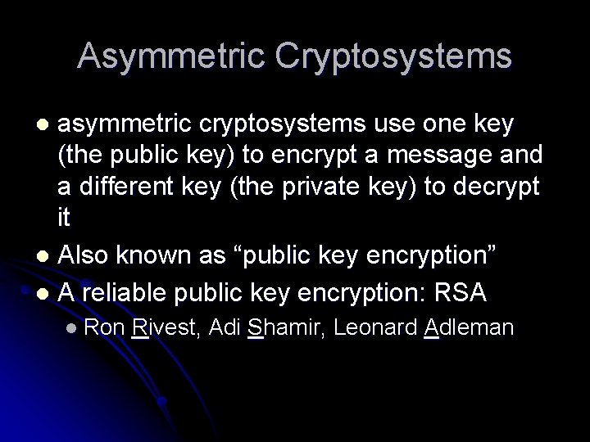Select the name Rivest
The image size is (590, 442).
coord(165,328)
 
